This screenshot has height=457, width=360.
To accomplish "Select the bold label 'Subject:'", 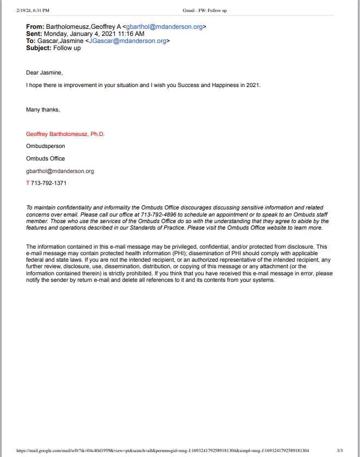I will point(39,48).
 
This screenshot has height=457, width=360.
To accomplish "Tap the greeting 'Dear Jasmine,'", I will point(45,73).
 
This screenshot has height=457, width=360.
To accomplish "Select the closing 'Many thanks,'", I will point(43,110).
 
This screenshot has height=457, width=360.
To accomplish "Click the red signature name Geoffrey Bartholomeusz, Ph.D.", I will point(65,134).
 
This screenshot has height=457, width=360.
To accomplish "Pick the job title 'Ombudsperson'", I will point(46,146).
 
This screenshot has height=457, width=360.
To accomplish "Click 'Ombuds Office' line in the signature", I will point(46,159).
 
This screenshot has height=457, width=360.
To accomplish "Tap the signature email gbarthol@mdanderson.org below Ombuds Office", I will point(60,171).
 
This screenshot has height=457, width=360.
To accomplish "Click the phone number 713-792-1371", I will point(48,183).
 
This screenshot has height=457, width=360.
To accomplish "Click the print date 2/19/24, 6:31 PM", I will point(33,10).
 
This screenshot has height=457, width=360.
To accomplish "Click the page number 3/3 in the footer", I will point(340,450).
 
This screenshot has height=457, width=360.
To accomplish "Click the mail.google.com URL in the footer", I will point(163,450).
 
